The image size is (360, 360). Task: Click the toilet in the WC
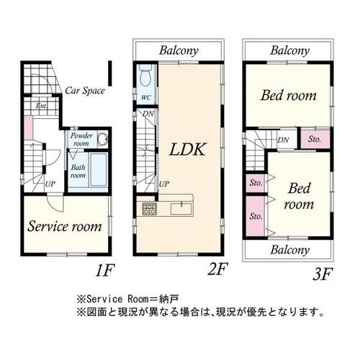coord(146,75)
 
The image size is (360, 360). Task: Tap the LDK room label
coord(187,150)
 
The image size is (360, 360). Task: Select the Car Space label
coord(85,91)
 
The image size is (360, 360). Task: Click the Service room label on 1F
coord(65,226)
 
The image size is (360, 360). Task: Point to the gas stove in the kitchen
coord(149,209)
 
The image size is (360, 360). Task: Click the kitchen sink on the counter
coord(181,209)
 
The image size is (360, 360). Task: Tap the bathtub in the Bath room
coord(99,170)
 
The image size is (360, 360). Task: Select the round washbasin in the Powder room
coord(104,139)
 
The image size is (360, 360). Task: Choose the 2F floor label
coord(217,269)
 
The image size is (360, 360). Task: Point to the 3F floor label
coord(323,274)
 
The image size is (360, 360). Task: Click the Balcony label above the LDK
coord(179,50)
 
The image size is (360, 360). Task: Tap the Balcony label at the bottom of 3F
coord(290,250)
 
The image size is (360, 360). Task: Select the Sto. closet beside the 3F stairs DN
coord(315,139)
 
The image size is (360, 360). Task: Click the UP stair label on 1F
coord(50,184)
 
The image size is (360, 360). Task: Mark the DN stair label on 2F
coord(148,114)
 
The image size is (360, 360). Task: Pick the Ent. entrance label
coord(42,106)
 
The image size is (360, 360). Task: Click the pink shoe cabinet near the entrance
coord(29,127)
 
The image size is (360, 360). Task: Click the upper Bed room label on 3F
coord(289,95)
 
